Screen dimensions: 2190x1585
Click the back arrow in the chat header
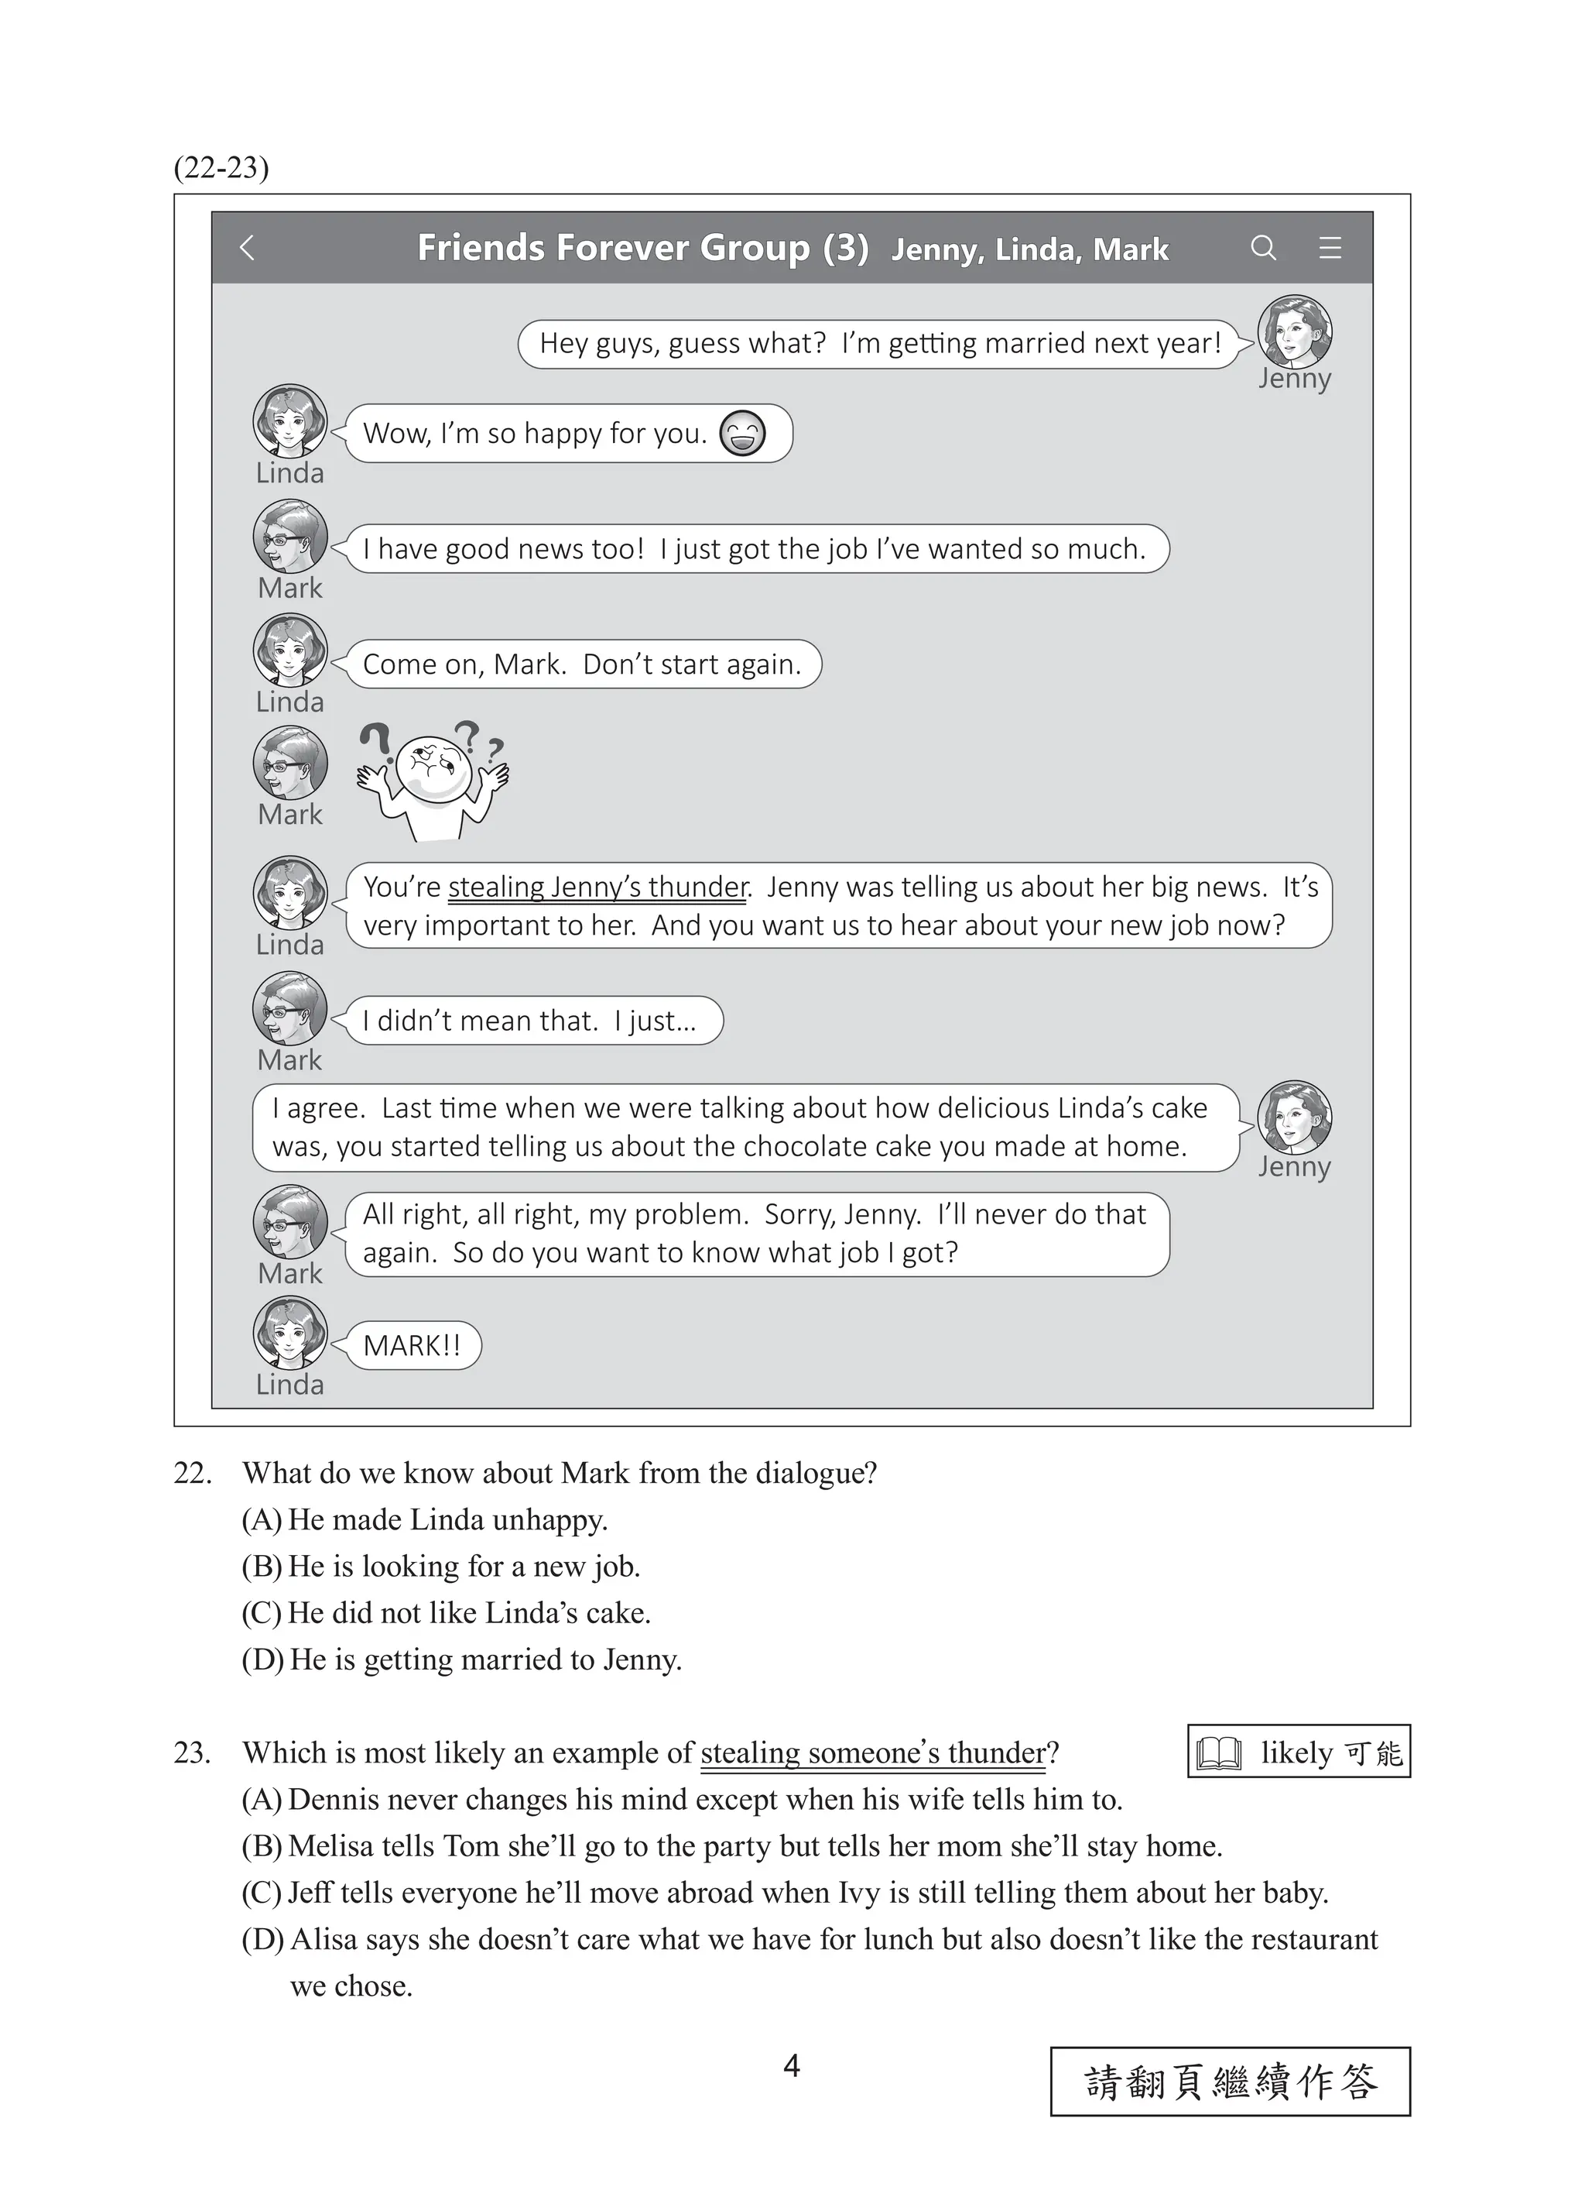point(247,248)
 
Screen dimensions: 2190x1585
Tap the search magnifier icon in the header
point(1262,248)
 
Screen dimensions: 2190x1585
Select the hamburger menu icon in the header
point(1330,248)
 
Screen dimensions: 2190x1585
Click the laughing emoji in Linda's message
point(742,434)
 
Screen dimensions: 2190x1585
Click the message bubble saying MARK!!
point(413,1345)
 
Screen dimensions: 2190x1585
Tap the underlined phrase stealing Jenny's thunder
point(597,887)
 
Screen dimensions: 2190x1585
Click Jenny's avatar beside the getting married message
point(1295,332)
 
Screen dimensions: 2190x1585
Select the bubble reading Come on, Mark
point(582,664)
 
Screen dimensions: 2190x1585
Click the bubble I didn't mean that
point(532,1021)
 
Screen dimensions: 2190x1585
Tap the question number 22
point(192,1473)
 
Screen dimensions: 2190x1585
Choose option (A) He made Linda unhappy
point(425,1520)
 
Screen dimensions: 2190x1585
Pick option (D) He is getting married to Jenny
point(461,1660)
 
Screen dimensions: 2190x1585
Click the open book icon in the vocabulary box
point(1218,1752)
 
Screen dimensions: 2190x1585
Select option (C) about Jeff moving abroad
point(784,1893)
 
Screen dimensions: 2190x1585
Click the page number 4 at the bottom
point(792,2065)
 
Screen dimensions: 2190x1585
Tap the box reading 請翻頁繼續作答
point(1230,2082)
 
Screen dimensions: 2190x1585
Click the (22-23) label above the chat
point(221,168)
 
